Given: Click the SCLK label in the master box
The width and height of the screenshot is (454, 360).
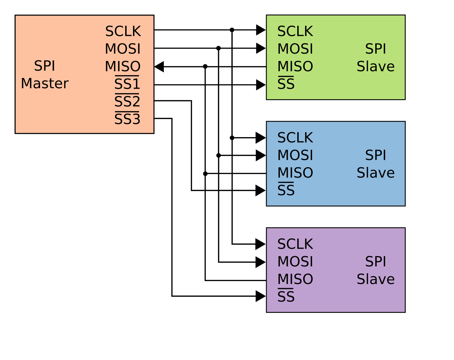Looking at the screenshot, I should coord(123,32).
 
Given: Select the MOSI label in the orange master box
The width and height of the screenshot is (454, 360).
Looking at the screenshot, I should coord(123,49).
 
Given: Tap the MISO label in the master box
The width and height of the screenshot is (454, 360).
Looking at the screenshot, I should coord(123,67).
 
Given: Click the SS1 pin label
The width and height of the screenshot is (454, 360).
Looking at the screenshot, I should coord(127,84).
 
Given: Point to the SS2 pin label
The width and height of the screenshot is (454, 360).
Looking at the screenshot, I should coord(127,102).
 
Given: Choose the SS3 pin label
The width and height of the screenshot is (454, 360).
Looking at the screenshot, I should coord(127,119).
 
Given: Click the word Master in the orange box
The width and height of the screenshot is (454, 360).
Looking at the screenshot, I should coord(45,84).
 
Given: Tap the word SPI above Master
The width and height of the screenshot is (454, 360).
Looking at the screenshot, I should coord(45,66).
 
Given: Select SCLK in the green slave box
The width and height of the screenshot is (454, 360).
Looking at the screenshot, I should coord(295,32).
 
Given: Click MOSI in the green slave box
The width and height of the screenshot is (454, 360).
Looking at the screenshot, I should coord(295,49).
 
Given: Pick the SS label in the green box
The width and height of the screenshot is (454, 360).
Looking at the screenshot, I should coord(286,84).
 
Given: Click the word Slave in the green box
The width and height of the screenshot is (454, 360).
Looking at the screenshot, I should coord(376,67).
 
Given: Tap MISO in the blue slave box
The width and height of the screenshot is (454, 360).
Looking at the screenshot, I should coord(295,173).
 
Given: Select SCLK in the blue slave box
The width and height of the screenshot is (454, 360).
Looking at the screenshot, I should coord(295,138).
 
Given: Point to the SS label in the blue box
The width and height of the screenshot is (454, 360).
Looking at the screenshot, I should coord(286,190).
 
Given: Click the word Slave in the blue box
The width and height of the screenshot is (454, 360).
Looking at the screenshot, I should coord(376,173).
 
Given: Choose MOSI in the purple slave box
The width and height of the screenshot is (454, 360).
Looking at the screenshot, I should coord(295,261).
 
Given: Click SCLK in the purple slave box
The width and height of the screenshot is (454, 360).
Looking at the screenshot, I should coord(295,244).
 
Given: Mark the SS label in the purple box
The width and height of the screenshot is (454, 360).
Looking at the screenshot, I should coord(286,297).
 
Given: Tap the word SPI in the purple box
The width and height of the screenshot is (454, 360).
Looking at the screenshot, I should coord(376,261).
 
